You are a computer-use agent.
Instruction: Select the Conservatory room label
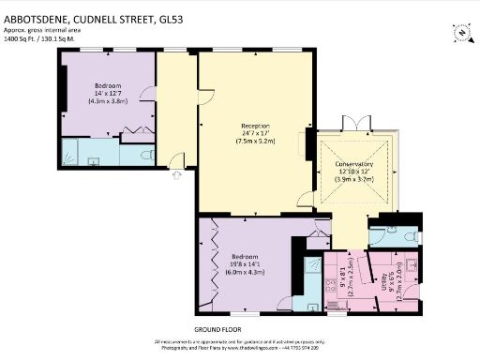[354, 165]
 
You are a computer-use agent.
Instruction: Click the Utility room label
[385, 276]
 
